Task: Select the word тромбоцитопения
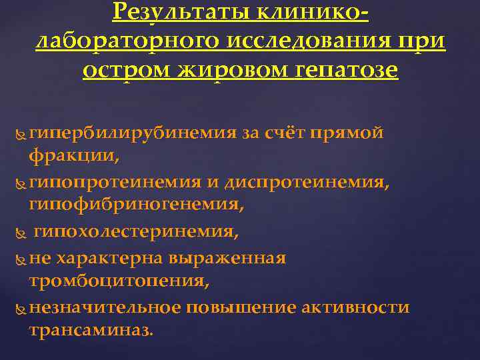117,282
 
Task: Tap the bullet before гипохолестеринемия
18,233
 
